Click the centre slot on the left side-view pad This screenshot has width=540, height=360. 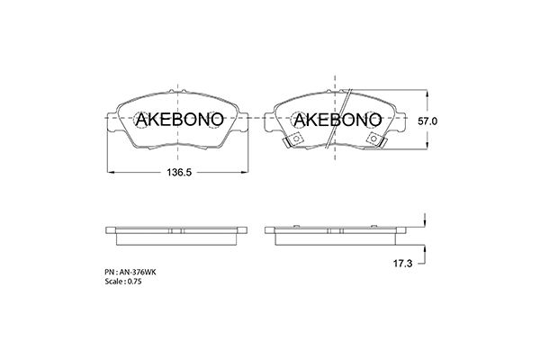point(178,229)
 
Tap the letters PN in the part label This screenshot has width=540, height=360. point(110,271)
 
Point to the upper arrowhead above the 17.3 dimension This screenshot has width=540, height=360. point(422,221)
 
